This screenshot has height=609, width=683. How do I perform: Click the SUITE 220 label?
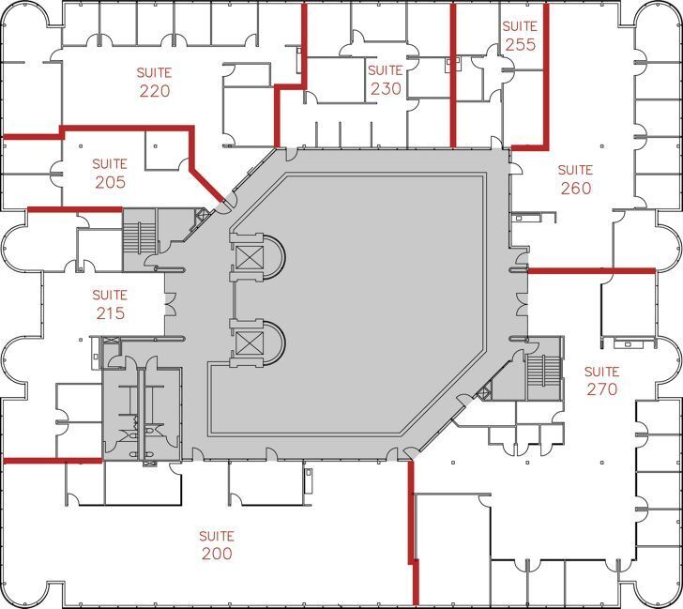155,82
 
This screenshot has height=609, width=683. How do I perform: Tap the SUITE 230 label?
385,81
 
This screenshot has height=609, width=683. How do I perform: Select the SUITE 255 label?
520,36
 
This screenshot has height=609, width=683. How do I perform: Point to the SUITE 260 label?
575,179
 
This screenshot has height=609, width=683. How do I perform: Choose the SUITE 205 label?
110,174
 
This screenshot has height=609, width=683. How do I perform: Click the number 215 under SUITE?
110,313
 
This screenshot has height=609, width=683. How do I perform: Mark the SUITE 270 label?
601,380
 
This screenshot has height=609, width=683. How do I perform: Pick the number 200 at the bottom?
217,554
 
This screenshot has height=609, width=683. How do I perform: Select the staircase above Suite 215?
137,233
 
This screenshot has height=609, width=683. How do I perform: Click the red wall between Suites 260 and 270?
591,270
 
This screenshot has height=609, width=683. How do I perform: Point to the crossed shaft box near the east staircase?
485,393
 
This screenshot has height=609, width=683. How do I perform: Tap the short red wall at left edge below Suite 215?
52,461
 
